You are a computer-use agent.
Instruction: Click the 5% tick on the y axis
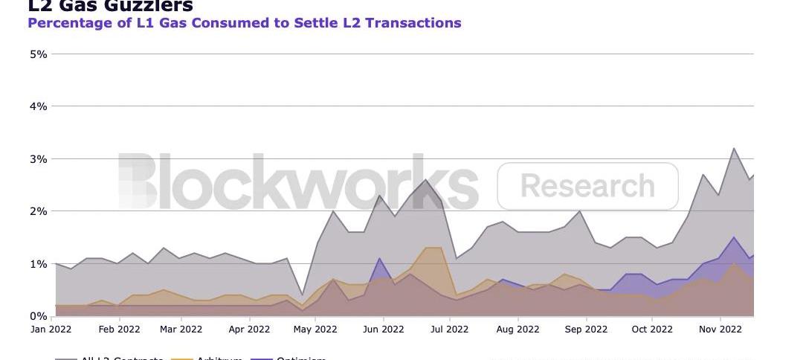(38, 54)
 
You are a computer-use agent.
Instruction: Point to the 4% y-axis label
(38, 106)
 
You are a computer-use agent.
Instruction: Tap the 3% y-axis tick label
(38, 159)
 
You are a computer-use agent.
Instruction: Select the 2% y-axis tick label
(38, 211)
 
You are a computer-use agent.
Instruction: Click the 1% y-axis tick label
(38, 264)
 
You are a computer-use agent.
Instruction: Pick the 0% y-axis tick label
(38, 316)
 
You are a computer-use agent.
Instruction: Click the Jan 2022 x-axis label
(51, 329)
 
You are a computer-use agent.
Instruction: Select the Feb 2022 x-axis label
(119, 329)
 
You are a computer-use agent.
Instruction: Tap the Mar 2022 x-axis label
(181, 329)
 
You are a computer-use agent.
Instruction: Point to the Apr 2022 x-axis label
(249, 329)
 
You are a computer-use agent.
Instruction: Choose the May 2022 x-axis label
(315, 329)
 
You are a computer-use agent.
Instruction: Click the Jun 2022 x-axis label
(383, 329)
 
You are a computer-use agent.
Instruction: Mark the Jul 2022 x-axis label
(448, 329)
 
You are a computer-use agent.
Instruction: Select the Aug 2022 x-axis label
(518, 329)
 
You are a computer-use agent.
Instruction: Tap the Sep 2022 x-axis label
(586, 329)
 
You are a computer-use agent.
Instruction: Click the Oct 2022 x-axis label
(651, 329)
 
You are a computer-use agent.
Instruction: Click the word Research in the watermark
(587, 186)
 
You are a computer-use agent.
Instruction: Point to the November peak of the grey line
(734, 148)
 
